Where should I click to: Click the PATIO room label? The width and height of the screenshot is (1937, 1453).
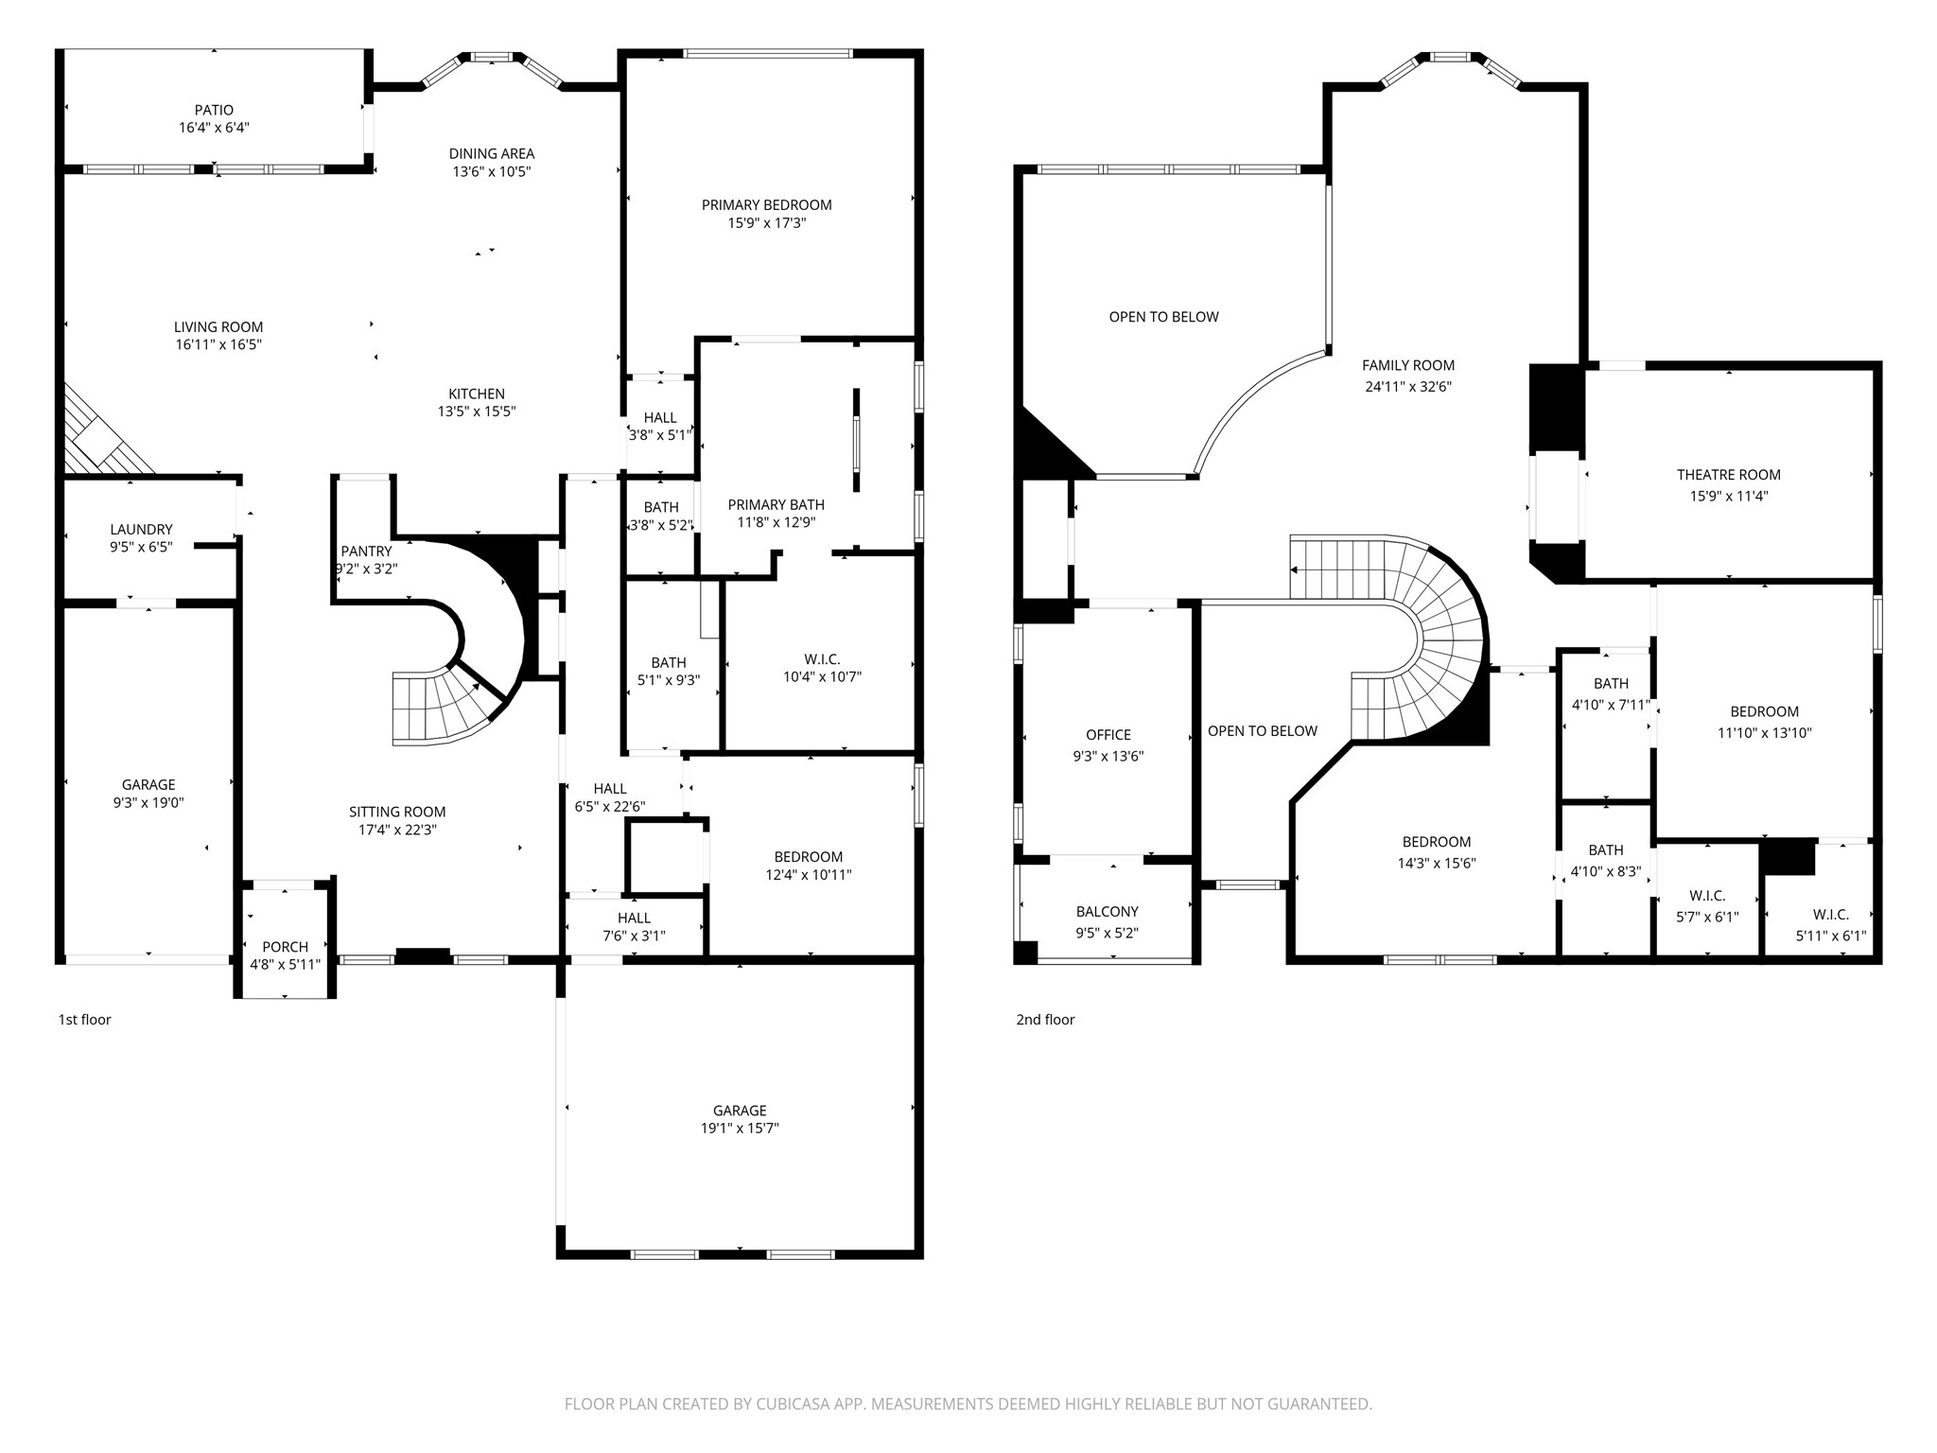[x=214, y=111]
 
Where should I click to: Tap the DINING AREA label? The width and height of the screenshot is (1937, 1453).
[x=491, y=153]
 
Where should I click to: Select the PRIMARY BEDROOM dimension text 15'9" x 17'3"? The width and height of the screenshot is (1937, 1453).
[x=766, y=223]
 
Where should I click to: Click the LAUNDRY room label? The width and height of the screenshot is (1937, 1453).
[x=141, y=530]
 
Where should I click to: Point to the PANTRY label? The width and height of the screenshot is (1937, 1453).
[x=366, y=551]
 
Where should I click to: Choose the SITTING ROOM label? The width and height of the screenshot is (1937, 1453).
[x=397, y=812]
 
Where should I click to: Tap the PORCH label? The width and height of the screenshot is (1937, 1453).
[x=285, y=947]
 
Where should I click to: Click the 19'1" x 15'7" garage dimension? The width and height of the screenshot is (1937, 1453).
[x=740, y=1129]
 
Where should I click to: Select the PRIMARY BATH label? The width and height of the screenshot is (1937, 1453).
[x=776, y=505]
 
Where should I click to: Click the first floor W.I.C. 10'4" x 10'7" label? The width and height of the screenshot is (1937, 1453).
[x=822, y=668]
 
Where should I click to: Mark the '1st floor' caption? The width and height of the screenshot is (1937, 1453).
[x=85, y=1020]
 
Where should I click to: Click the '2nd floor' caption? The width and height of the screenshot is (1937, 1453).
[x=1045, y=1020]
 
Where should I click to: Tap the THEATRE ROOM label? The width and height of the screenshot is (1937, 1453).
[x=1728, y=475]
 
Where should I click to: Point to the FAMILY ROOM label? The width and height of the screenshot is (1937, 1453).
[x=1408, y=365]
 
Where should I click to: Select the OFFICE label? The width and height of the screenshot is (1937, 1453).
[x=1108, y=735]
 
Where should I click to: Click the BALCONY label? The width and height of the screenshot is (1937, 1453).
[x=1107, y=912]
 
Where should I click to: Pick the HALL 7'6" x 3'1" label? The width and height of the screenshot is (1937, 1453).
[x=634, y=927]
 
